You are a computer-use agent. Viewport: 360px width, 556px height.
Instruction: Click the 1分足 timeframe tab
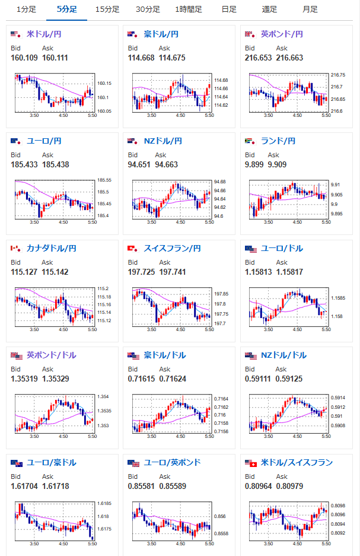26,9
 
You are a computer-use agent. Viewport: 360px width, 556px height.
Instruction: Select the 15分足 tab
107,9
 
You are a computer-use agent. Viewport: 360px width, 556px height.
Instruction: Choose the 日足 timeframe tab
229,9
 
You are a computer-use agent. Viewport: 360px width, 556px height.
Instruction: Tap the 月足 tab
310,9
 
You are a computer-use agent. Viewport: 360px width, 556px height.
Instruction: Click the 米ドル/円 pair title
44,34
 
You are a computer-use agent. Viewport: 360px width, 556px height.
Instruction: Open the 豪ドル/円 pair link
161,34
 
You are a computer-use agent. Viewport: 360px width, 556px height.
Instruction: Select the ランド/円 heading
278,141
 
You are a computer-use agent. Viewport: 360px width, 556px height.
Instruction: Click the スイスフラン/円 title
172,248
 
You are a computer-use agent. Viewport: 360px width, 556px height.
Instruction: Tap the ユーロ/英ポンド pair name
172,462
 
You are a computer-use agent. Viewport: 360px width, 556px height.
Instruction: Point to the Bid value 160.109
24,58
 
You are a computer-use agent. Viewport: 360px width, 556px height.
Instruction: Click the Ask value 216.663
289,58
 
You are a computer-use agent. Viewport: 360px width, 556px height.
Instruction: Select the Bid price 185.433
24,164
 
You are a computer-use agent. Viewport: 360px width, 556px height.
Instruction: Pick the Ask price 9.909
277,164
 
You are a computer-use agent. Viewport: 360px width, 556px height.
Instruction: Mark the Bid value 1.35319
24,379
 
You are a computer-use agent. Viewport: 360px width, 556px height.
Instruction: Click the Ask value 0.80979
289,486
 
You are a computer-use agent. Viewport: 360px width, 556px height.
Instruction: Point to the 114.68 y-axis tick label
221,81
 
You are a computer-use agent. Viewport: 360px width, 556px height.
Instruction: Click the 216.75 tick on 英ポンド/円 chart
338,75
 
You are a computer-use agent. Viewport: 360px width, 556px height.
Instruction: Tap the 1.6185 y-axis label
104,504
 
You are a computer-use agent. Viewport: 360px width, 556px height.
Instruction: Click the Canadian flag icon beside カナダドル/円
15,248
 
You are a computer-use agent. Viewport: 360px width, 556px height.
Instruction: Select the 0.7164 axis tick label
221,399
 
